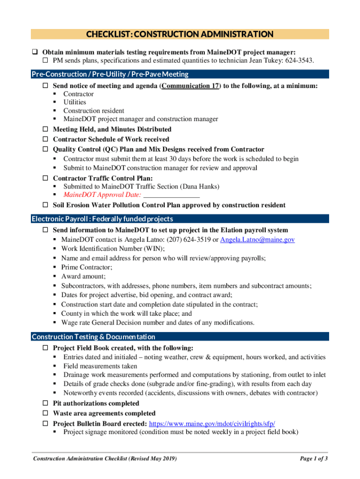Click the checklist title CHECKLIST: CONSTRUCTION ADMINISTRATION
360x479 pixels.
pyautogui.click(x=180, y=34)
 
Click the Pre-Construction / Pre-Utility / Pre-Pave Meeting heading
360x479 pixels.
pyautogui.click(x=110, y=74)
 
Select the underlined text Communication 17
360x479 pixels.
pyautogui.click(x=191, y=86)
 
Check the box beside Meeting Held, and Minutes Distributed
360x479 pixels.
pyautogui.click(x=46, y=129)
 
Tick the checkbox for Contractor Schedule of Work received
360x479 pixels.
pyautogui.click(x=46, y=139)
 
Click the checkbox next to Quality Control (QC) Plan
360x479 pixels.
pyautogui.click(x=46, y=150)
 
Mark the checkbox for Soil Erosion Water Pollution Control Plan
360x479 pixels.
pyautogui.click(x=46, y=205)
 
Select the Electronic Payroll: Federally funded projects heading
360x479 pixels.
pyautogui.click(x=102, y=219)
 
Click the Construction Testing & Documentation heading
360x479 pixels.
pyautogui.click(x=93, y=337)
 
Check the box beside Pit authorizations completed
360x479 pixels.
pyautogui.click(x=46, y=403)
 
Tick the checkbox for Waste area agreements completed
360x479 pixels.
pyautogui.click(x=46, y=414)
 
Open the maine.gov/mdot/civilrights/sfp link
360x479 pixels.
pyautogui.click(x=212, y=423)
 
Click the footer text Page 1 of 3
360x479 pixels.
pyautogui.click(x=313, y=458)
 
